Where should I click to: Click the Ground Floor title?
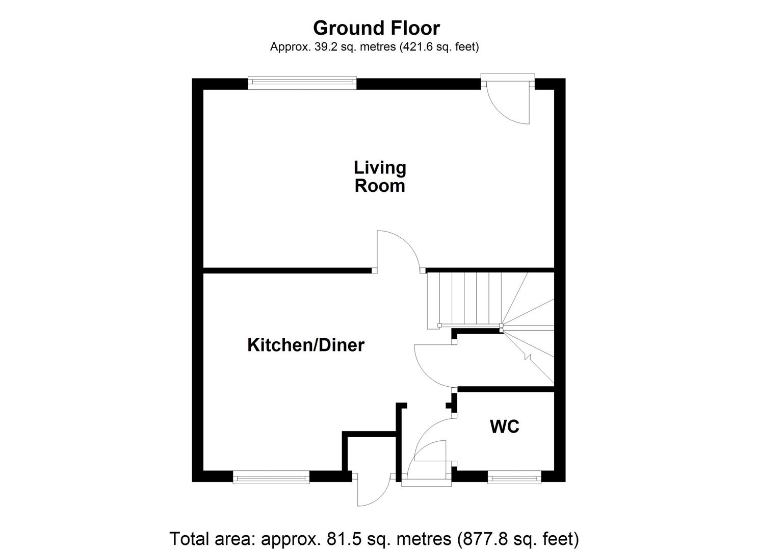[x=376, y=28]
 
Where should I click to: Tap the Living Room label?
[x=380, y=177]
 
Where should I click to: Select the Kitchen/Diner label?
[x=306, y=345]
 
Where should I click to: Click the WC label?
[x=505, y=426]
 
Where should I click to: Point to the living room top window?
[x=302, y=83]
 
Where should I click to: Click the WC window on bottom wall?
[x=514, y=478]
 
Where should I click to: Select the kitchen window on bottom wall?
[x=271, y=478]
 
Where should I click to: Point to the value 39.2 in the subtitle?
[x=319, y=47]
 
